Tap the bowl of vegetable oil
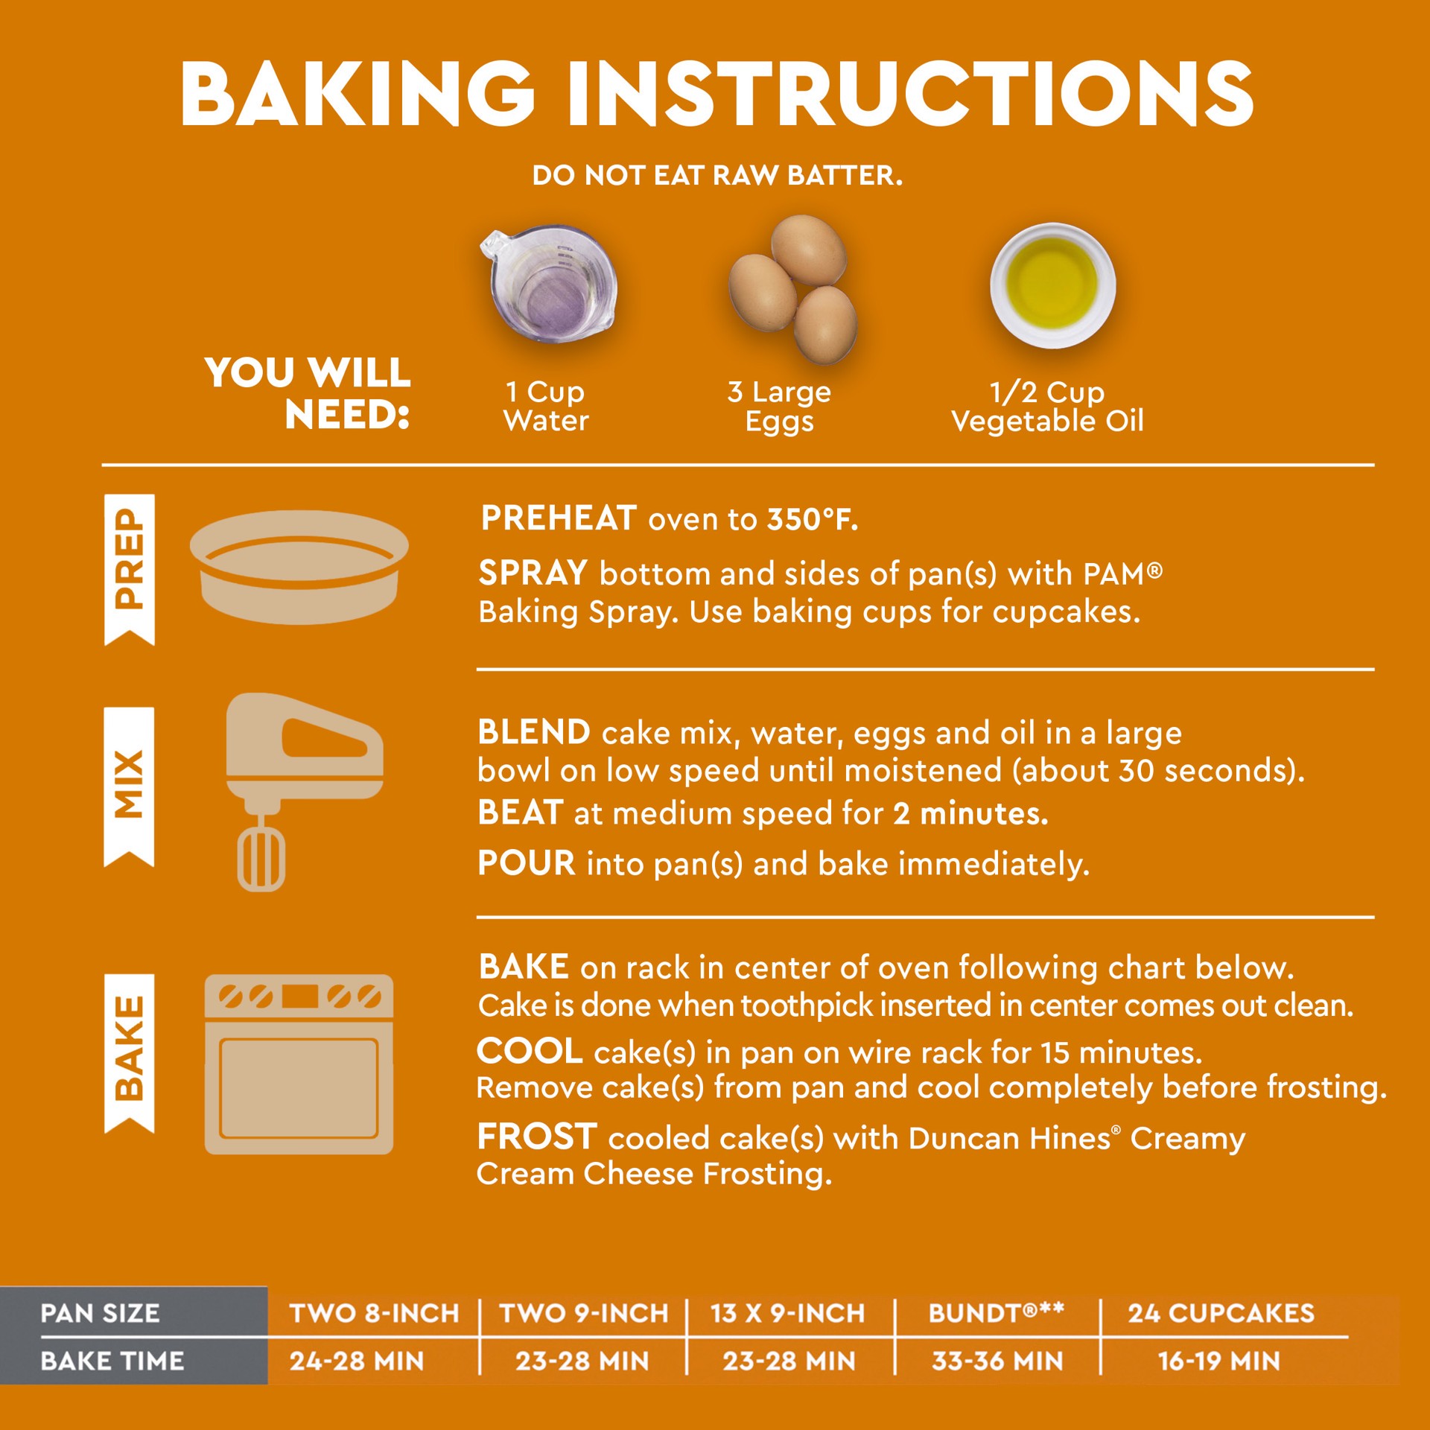(1052, 285)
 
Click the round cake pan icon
(299, 567)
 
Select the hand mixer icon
(304, 792)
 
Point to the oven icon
(299, 1064)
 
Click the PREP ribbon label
(130, 570)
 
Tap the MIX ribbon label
(130, 786)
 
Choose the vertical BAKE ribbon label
(130, 1053)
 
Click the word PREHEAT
(559, 518)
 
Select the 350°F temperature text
(813, 520)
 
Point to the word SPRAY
(533, 573)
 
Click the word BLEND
(534, 732)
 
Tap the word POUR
(527, 863)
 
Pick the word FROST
(537, 1137)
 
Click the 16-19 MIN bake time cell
(1219, 1361)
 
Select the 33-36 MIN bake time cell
(997, 1361)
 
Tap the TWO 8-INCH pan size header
(374, 1313)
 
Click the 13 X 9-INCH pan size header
(787, 1313)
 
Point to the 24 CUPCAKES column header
(1221, 1313)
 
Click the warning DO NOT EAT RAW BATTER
(717, 176)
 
